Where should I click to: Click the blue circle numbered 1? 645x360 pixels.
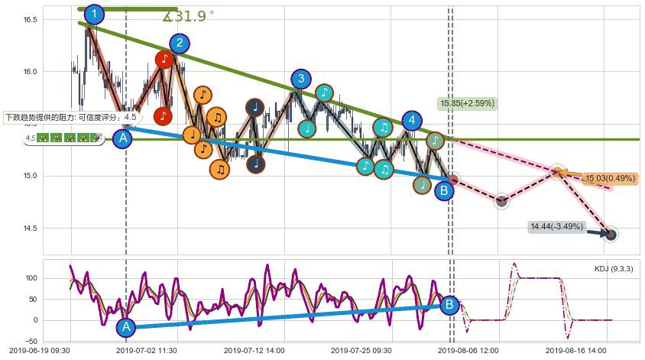pos(94,14)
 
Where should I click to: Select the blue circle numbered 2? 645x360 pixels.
pos(179,43)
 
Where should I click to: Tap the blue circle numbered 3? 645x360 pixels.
pos(301,78)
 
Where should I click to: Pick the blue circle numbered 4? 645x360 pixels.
pos(413,120)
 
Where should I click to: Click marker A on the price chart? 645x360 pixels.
pos(122,138)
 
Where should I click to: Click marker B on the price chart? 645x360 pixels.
pos(444,191)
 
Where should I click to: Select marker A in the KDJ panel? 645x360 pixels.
pos(127,327)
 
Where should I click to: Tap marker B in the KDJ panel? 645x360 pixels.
pos(449,304)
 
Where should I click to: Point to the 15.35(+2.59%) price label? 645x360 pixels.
pos(468,103)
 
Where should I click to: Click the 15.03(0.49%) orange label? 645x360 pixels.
pos(609,179)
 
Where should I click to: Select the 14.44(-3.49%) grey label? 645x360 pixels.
pos(556,227)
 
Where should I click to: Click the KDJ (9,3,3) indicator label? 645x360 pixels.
pos(613,269)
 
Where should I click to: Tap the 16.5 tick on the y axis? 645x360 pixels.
pos(30,19)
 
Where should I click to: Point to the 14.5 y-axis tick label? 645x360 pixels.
pos(30,229)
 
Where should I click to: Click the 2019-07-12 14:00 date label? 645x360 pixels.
pos(258,350)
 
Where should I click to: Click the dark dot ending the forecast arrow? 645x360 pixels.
pos(611,235)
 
